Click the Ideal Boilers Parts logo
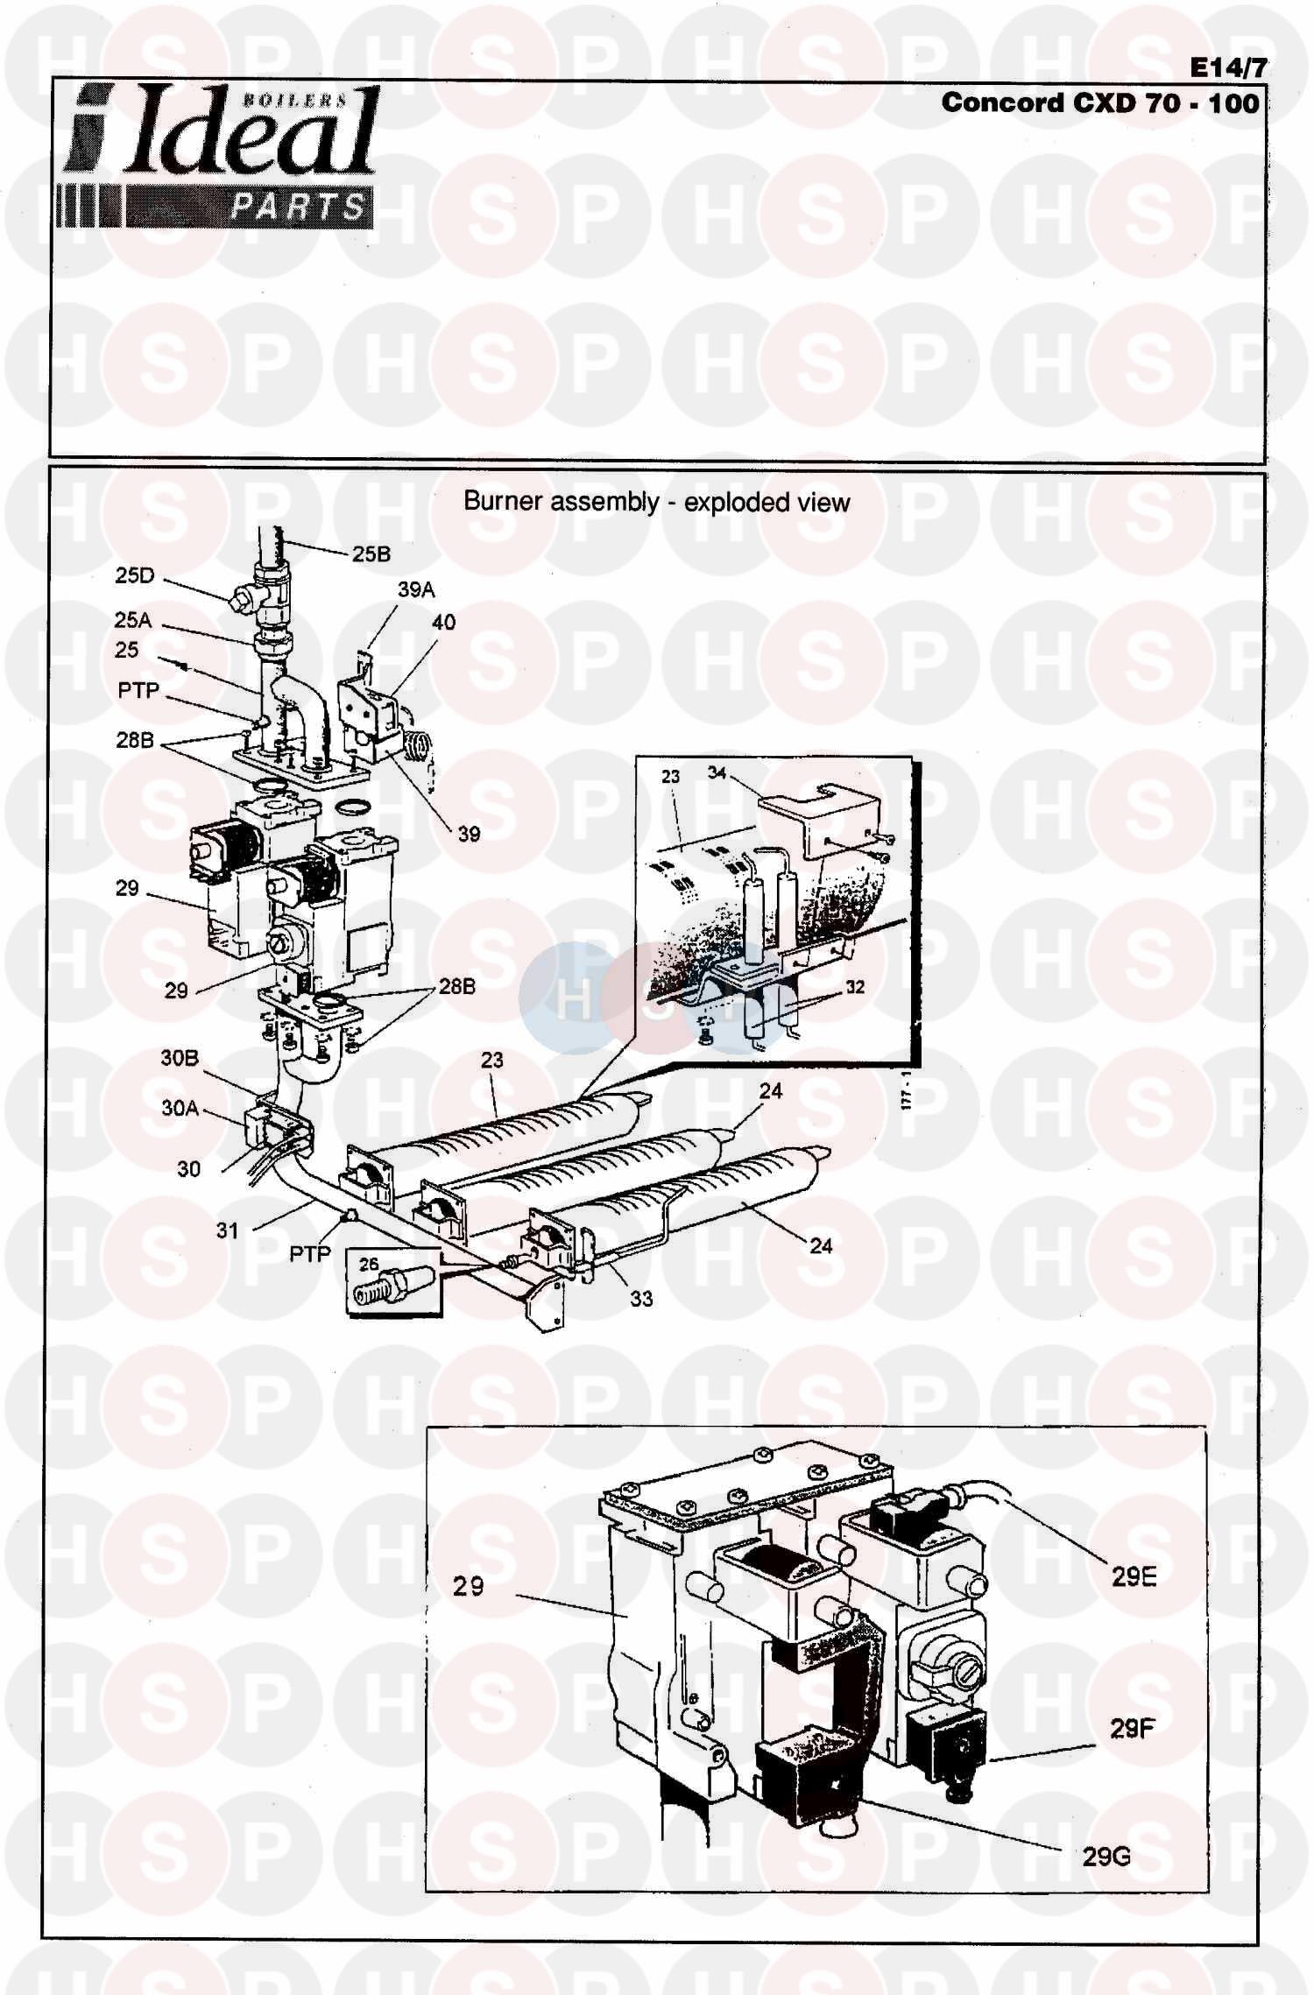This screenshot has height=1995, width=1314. pos(219,158)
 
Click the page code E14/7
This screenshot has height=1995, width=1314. pos(1227,68)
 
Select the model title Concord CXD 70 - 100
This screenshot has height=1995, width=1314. pos(1100,103)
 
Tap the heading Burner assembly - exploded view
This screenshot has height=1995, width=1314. pos(656,502)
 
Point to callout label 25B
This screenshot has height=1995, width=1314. pos(371,554)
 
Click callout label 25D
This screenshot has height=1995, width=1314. pos(134,575)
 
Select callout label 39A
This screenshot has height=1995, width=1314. pos(416,590)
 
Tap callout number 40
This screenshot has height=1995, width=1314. pos(443,623)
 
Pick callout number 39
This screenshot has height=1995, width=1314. pos(469,834)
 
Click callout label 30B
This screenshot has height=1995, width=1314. pos(179,1058)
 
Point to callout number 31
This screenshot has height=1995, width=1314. pos(227,1230)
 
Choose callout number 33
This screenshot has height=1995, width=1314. pos(640,1299)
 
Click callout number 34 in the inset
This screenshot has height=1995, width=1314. pos(717,772)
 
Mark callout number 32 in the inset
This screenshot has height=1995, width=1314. pos(854,987)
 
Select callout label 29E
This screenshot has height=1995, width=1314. pos(1134,1577)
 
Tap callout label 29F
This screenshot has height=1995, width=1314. pos(1132,1729)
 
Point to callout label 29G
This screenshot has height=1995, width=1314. pos(1106,1857)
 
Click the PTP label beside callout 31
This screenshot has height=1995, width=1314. pos(310,1254)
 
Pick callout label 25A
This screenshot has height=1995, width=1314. pos(132,620)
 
